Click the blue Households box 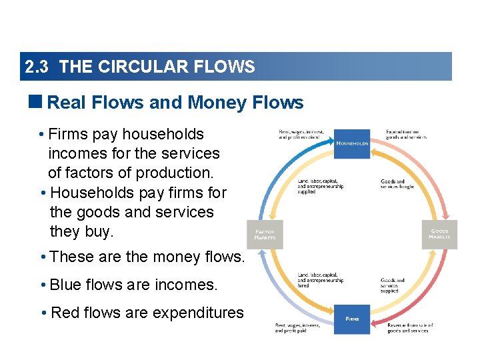[352, 143]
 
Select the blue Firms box [352, 319]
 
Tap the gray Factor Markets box [265, 235]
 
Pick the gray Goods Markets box [439, 235]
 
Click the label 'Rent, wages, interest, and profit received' [301, 134]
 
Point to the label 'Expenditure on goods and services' [406, 134]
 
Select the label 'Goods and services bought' [397, 183]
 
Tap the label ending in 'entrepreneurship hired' [321, 281]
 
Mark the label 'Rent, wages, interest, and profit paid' [298, 327]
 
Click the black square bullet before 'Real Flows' [37, 102]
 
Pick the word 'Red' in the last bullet [65, 313]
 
